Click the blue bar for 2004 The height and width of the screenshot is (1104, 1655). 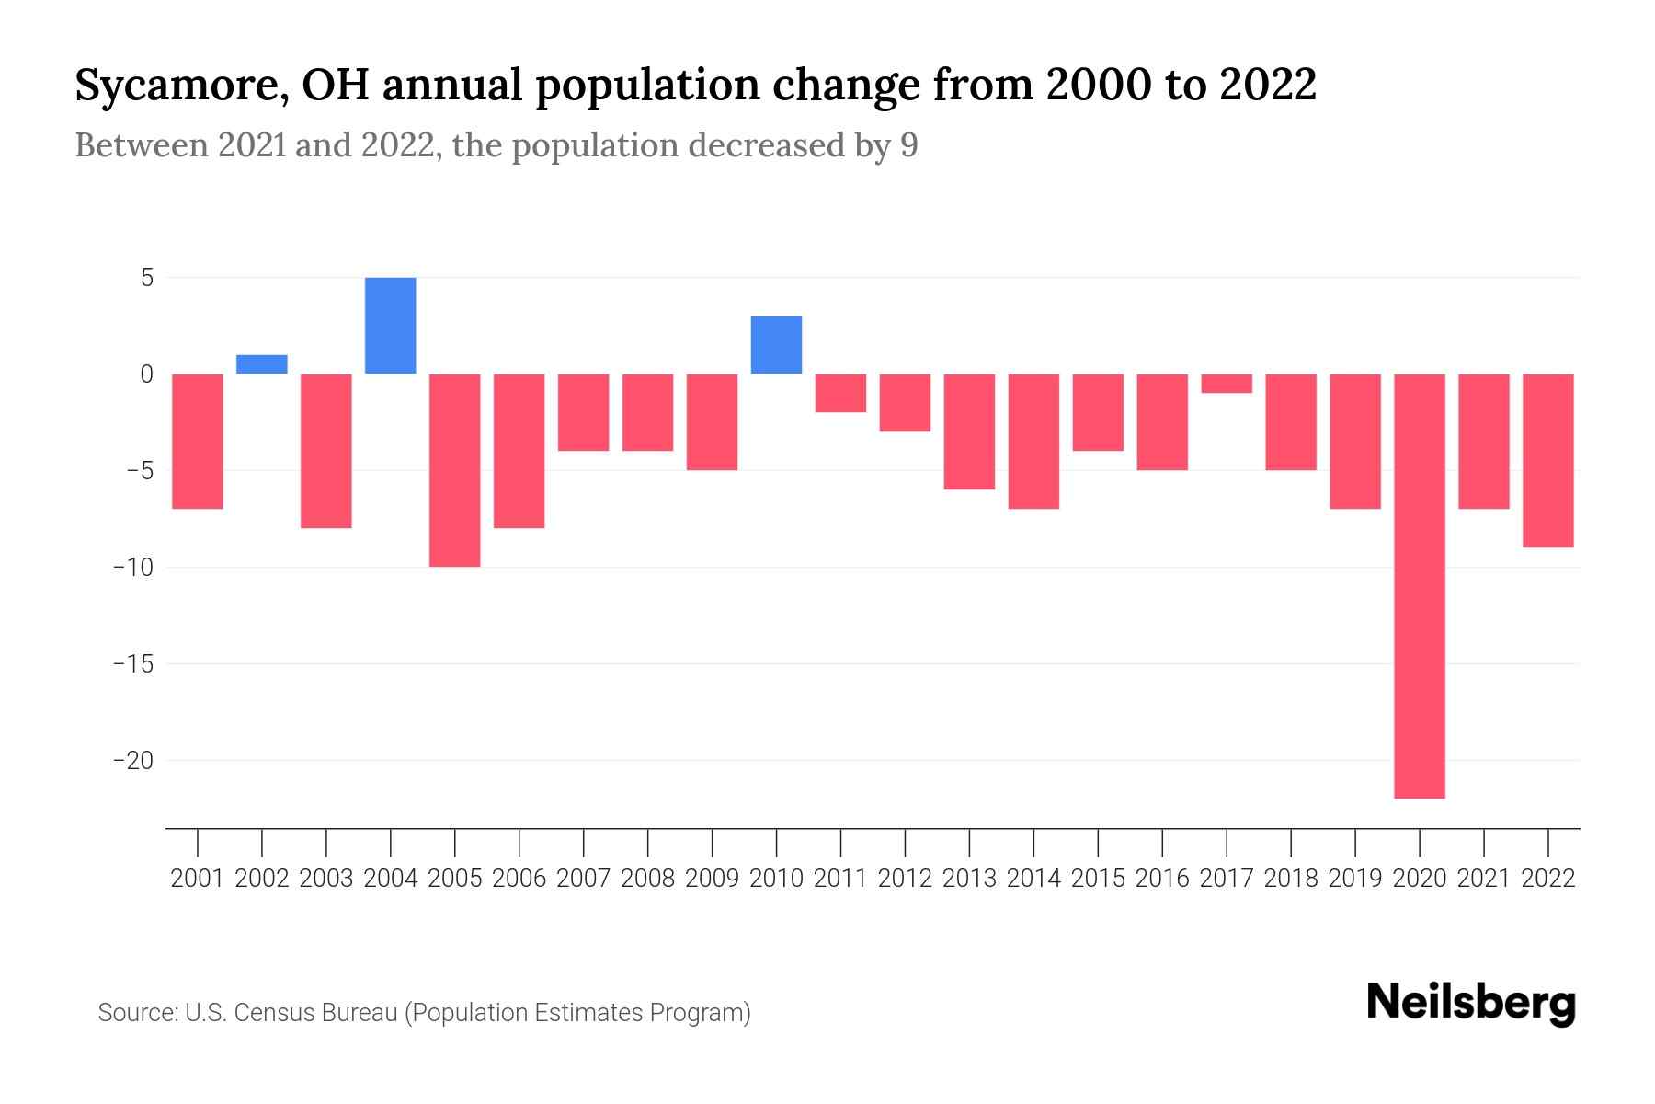(x=390, y=326)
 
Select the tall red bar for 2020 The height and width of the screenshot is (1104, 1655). (x=1419, y=586)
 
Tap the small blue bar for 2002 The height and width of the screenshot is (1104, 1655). (x=262, y=364)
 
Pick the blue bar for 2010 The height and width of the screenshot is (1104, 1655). (x=776, y=345)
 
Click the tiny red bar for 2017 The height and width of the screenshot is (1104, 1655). (x=1227, y=383)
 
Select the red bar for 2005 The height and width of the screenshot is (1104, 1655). (x=454, y=470)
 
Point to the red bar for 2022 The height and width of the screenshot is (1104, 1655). (x=1547, y=460)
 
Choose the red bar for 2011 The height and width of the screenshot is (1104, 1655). (x=840, y=393)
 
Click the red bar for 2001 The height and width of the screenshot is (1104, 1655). (x=198, y=441)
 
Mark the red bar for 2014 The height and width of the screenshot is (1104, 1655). (x=1033, y=441)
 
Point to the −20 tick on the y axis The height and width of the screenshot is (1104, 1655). (x=132, y=761)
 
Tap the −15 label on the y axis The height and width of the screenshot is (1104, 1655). (x=132, y=664)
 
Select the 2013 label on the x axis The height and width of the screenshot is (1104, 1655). (x=969, y=879)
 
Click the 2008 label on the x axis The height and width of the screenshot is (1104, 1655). (x=647, y=879)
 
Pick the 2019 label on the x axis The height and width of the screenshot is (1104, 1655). (x=1354, y=879)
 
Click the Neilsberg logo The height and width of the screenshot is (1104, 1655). (x=1471, y=1003)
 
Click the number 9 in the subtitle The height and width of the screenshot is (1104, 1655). (x=908, y=146)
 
